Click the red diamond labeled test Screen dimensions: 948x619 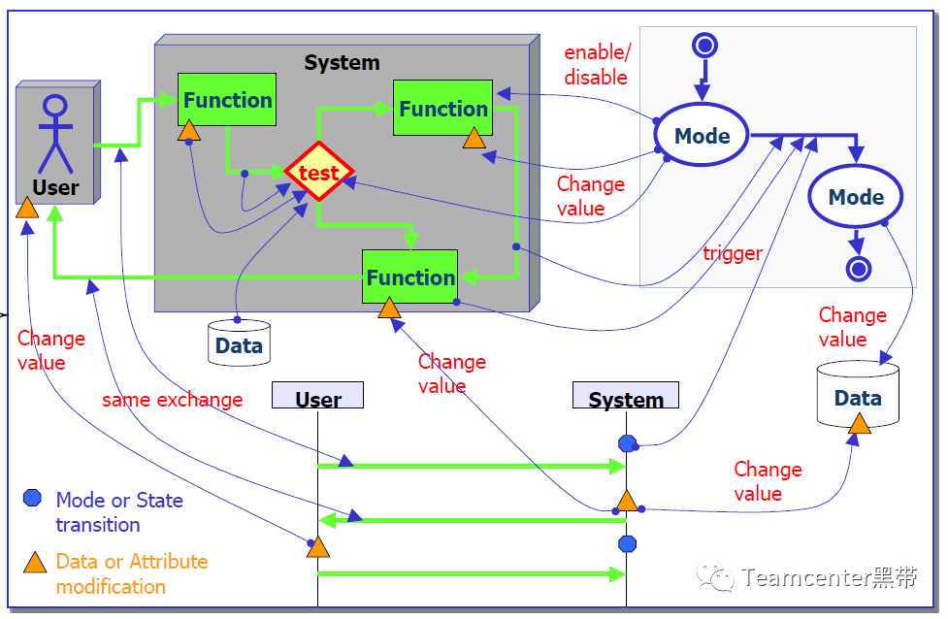[x=318, y=172]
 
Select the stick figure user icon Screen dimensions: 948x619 [x=55, y=134]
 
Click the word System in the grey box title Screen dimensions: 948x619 [x=342, y=62]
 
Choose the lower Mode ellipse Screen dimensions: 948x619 [x=856, y=196]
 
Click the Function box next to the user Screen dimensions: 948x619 [x=227, y=100]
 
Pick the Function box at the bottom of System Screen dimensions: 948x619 [x=409, y=277]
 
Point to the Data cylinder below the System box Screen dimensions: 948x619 [x=239, y=342]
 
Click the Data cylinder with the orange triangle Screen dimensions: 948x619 [x=858, y=394]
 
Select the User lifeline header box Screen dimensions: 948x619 [x=317, y=395]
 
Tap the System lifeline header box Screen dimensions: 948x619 [x=626, y=395]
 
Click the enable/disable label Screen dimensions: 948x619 [x=597, y=65]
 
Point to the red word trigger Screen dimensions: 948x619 [x=733, y=253]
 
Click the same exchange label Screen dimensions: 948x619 [x=173, y=400]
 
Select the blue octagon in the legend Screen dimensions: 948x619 [x=32, y=498]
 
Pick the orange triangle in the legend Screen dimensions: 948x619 [x=35, y=563]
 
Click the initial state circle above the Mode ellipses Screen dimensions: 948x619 [x=705, y=46]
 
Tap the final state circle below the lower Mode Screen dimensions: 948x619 [x=859, y=269]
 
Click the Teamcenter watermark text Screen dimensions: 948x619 [x=829, y=577]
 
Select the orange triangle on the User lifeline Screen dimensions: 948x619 [x=318, y=546]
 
